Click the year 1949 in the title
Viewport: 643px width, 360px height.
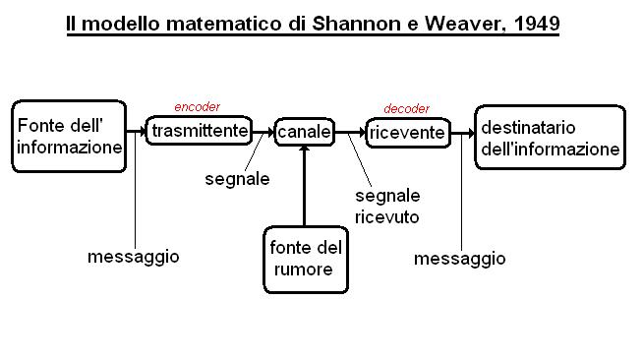coord(537,24)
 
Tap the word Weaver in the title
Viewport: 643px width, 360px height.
coord(462,25)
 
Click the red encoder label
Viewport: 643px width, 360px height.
coord(198,107)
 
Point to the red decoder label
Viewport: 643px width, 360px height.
coord(406,108)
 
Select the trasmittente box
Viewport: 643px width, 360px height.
coord(199,131)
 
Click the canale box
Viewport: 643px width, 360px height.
coord(304,132)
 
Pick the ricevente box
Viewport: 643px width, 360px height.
coord(408,133)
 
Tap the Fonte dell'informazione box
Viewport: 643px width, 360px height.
coord(69,136)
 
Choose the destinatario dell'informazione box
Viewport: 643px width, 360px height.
coord(550,138)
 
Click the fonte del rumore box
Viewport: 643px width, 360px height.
coord(306,260)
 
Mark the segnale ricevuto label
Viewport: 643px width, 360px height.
coord(387,207)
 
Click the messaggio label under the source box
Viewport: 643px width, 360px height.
coord(134,257)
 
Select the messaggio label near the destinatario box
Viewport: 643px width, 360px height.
coord(460,259)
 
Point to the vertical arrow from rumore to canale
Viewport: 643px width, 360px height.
coord(304,186)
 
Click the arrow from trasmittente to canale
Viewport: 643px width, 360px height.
coord(263,132)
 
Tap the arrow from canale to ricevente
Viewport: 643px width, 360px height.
coord(350,132)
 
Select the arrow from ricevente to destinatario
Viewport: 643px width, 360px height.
coord(462,133)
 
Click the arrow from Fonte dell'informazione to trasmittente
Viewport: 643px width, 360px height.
coord(136,131)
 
